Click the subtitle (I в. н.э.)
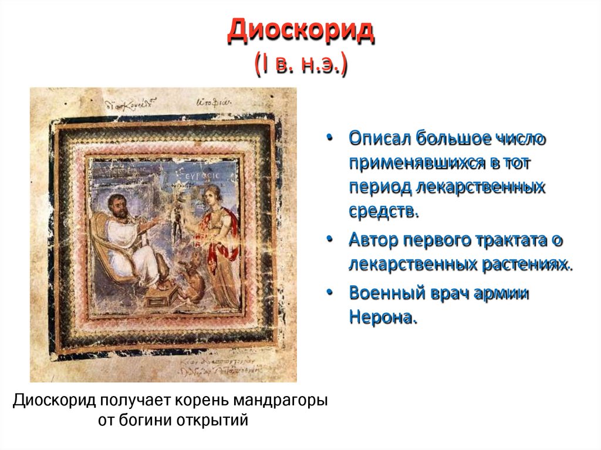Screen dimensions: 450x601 click(300, 63)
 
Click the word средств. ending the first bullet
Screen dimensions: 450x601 click(384, 211)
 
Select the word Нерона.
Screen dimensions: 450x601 click(383, 317)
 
